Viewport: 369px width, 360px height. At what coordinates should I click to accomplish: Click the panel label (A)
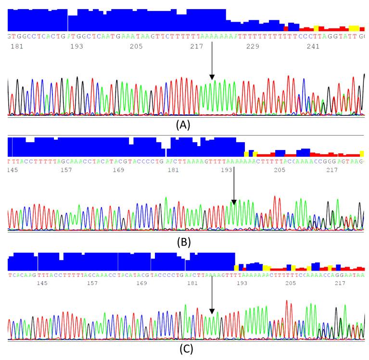183,125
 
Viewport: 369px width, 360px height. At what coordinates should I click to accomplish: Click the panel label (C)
186,349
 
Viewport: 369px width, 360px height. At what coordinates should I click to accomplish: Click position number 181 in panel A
17,47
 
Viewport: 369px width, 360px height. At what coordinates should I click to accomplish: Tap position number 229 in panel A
253,47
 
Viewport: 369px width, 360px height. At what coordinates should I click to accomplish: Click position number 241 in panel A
313,47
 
